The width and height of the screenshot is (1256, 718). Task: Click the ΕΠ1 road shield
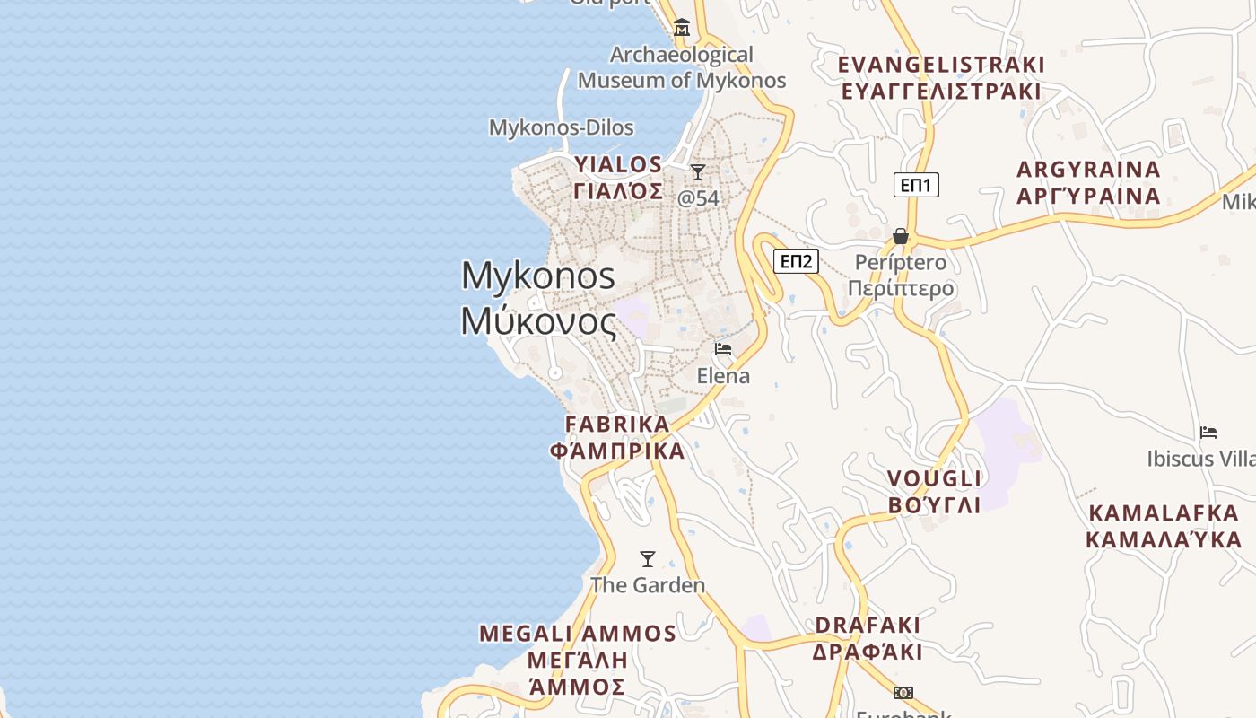pyautogui.click(x=916, y=185)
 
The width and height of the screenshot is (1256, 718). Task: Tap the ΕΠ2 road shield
pyautogui.click(x=796, y=261)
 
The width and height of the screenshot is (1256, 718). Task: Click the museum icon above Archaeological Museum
pyautogui.click(x=682, y=28)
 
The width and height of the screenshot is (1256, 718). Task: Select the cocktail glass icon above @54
pyautogui.click(x=698, y=171)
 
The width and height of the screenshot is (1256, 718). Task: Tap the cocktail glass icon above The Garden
pyautogui.click(x=647, y=559)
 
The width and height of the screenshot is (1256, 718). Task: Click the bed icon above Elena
pyautogui.click(x=723, y=349)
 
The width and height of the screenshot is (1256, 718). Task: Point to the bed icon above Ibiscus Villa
pyautogui.click(x=1208, y=433)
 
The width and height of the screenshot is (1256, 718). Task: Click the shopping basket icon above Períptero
pyautogui.click(x=901, y=236)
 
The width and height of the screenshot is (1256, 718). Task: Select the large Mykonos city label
pyautogui.click(x=538, y=275)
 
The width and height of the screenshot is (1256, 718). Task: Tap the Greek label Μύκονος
pyautogui.click(x=538, y=321)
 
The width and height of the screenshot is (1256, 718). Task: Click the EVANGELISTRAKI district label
pyautogui.click(x=941, y=65)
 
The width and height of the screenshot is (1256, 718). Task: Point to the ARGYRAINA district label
pyautogui.click(x=1088, y=170)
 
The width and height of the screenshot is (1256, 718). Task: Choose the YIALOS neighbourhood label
pyautogui.click(x=618, y=164)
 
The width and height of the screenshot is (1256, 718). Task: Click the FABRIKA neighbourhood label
pyautogui.click(x=617, y=424)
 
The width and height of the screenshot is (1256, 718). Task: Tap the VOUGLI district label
pyautogui.click(x=934, y=477)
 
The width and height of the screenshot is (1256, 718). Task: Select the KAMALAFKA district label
pyautogui.click(x=1164, y=513)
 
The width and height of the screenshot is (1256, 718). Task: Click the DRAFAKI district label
pyautogui.click(x=868, y=625)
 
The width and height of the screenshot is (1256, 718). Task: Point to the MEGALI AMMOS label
pyautogui.click(x=578, y=634)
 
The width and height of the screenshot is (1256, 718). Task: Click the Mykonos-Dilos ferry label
pyautogui.click(x=561, y=127)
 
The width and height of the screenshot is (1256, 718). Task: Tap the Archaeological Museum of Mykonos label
pyautogui.click(x=682, y=67)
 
